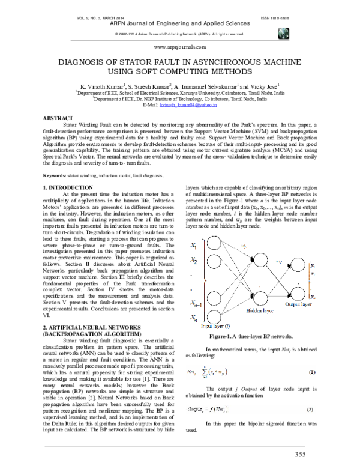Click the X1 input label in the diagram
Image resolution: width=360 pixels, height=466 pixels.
tap(195, 244)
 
